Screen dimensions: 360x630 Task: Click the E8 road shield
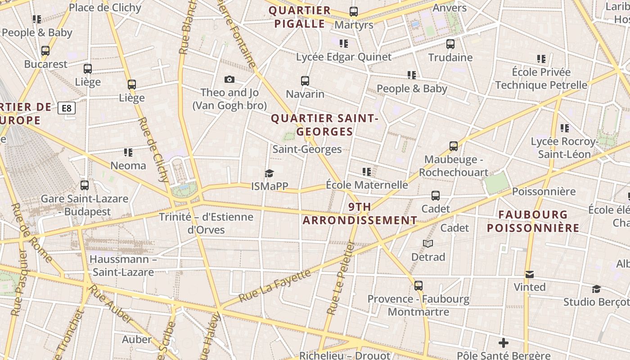pos(67,108)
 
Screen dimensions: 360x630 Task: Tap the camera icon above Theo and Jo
pos(229,80)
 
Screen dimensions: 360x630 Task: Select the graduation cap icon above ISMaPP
pos(269,173)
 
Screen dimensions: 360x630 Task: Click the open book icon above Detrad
pos(427,244)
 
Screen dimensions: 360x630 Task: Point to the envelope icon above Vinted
pos(529,274)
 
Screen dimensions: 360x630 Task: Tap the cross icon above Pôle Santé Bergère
pos(504,343)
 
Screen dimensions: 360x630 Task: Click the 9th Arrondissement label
pos(360,214)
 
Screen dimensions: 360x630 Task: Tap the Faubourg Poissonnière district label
pos(533,221)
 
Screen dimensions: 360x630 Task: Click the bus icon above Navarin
pos(305,81)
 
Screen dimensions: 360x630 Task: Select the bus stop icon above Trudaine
pos(450,44)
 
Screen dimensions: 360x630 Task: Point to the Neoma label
pos(128,166)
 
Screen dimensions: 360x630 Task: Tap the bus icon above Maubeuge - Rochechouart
pos(454,146)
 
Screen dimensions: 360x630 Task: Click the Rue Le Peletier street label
pos(341,278)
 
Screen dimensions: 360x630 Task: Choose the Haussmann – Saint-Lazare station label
pos(123,265)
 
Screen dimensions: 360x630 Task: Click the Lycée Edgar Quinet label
pos(344,57)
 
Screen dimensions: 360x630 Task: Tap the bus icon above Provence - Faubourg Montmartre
pos(418,286)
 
